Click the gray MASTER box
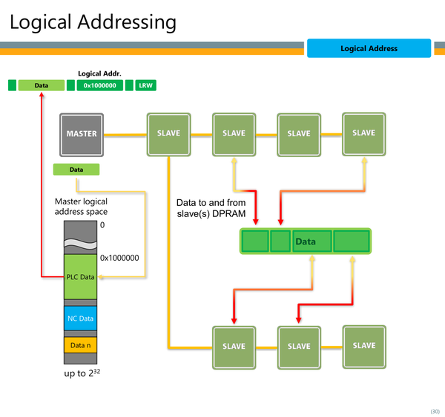pos(82,135)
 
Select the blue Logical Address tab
pos(369,48)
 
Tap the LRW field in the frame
pos(145,85)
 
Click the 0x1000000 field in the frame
pos(100,85)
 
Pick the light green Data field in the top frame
pos(42,85)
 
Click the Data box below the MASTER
pos(76,170)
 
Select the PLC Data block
pos(80,277)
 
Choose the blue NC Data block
pos(80,318)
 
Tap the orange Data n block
pos(80,345)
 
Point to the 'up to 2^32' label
pos(82,373)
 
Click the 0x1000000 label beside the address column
pos(119,258)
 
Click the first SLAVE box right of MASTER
pos(168,135)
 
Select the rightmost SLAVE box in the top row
pos(364,134)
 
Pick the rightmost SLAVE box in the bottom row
pos(364,347)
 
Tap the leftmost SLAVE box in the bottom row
pos(234,347)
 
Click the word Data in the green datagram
pos(306,241)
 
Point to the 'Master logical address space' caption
pos(81,207)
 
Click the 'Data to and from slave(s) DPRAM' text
pos(211,208)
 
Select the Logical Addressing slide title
pos(93,22)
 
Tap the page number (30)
pos(435,411)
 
